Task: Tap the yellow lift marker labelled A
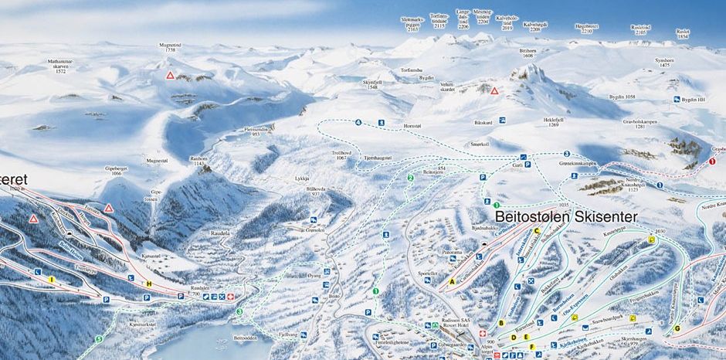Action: click(x=452, y=282)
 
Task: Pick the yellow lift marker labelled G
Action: click(x=677, y=328)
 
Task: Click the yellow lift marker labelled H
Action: click(x=149, y=284)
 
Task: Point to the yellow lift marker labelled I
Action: click(x=52, y=279)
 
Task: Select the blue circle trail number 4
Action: click(x=358, y=123)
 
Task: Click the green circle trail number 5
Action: click(x=98, y=339)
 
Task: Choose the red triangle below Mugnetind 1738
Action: click(x=170, y=76)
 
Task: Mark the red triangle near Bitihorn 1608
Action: click(x=494, y=91)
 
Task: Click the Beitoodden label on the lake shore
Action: click(x=245, y=337)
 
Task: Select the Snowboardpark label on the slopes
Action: click(x=606, y=318)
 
